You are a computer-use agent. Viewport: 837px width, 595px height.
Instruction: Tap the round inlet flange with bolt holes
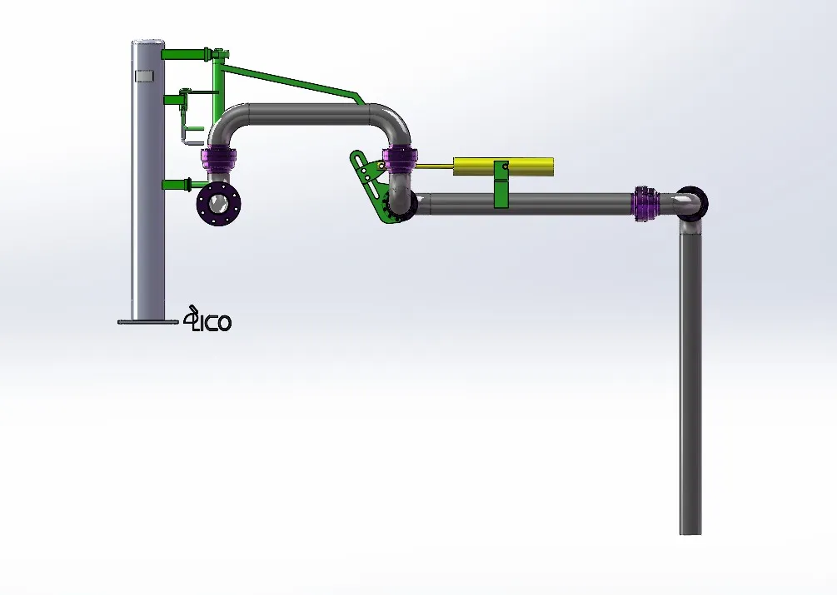coord(220,203)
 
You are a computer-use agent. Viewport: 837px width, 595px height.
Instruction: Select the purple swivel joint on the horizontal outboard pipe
coord(645,204)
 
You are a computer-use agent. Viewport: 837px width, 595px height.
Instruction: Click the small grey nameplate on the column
coord(145,77)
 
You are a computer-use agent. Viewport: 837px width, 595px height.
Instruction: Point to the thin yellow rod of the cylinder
coord(433,166)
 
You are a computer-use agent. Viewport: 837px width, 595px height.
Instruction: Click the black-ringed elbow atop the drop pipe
coord(690,201)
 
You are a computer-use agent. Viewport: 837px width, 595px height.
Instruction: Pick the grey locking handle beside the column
coord(191,133)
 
